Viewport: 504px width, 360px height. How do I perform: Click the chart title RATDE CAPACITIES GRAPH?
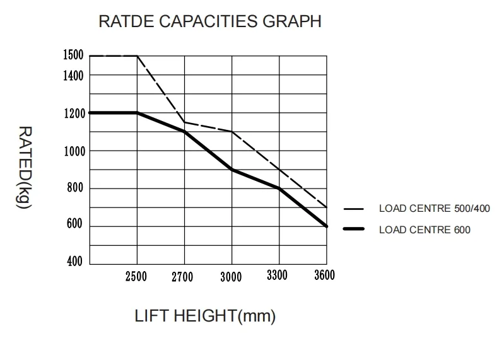coord(210,21)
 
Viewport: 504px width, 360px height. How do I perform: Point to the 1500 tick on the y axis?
coord(73,55)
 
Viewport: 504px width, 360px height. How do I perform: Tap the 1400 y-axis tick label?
coord(73,76)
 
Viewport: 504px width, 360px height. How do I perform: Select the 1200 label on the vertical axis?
coord(73,113)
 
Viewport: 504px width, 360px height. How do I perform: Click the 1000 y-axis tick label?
coord(73,151)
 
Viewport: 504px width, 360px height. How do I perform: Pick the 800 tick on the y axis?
coord(75,189)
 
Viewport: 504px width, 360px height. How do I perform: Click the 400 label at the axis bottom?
coord(75,262)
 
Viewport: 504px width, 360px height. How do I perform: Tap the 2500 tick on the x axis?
coord(136,277)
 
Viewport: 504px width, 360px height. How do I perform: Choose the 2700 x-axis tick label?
coord(182,277)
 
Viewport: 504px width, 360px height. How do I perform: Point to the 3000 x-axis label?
coord(231,277)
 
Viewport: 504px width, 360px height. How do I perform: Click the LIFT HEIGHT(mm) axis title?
coord(206,315)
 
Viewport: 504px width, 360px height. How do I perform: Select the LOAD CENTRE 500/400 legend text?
coord(434,209)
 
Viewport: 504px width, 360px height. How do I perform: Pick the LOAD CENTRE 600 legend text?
coord(425,229)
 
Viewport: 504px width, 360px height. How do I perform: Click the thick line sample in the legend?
coord(355,229)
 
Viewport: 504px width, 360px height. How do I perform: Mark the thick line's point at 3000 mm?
coord(231,170)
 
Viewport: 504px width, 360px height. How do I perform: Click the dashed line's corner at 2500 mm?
coord(137,56)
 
